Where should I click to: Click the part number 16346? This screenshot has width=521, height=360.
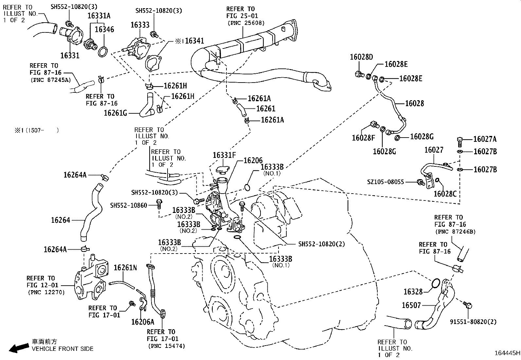pyautogui.click(x=104, y=29)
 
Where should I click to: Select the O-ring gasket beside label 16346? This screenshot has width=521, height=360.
pyautogui.click(x=102, y=51)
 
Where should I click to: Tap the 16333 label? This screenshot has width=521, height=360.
pyautogui.click(x=140, y=25)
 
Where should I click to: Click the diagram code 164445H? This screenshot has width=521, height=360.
pyautogui.click(x=507, y=353)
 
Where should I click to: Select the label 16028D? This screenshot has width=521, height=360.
pyautogui.click(x=361, y=57)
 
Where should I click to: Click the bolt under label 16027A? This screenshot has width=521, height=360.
pyautogui.click(x=460, y=141)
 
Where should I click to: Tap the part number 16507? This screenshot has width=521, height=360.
pyautogui.click(x=411, y=305)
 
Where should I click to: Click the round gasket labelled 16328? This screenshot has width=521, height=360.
pyautogui.click(x=436, y=284)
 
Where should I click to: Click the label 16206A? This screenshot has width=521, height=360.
pyautogui.click(x=142, y=322)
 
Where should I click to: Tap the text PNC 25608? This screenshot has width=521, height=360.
pyautogui.click(x=246, y=23)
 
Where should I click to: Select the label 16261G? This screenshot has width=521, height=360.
pyautogui.click(x=115, y=113)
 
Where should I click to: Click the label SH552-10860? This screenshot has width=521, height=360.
pyautogui.click(x=128, y=205)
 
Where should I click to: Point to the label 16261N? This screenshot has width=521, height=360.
pyautogui.click(x=125, y=268)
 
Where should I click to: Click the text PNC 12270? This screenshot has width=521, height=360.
pyautogui.click(x=46, y=292)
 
